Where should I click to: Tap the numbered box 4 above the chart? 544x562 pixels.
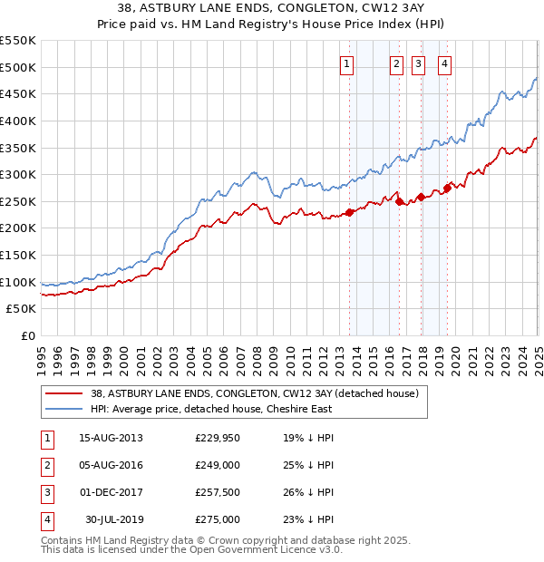tap(446, 63)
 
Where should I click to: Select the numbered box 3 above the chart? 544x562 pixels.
tap(418, 63)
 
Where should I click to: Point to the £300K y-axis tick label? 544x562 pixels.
tap(19, 174)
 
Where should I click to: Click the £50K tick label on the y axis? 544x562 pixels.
tap(22, 309)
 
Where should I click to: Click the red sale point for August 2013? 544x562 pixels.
tap(350, 213)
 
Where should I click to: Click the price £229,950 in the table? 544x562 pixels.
tap(218, 437)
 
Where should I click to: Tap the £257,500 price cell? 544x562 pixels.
tap(218, 494)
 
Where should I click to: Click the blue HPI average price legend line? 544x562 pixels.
tap(63, 409)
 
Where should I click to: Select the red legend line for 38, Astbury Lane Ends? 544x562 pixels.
tap(63, 394)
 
